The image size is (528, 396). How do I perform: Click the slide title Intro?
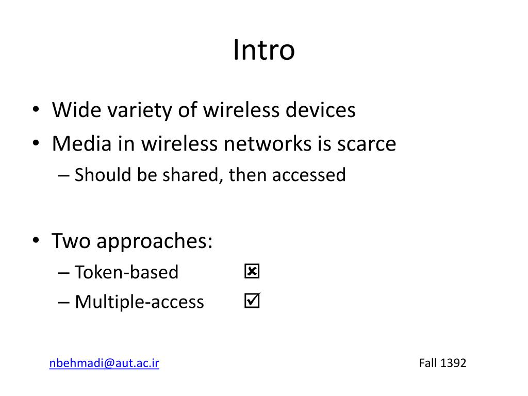click(x=263, y=51)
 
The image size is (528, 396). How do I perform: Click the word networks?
click(x=265, y=143)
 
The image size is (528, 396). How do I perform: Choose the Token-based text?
click(x=126, y=272)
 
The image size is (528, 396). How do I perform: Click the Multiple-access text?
click(x=139, y=302)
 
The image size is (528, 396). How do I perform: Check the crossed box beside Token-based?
click(x=252, y=271)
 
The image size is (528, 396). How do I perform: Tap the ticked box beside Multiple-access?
click(x=252, y=301)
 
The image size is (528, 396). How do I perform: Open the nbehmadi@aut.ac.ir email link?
click(x=104, y=363)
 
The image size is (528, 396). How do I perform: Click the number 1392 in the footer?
click(x=453, y=363)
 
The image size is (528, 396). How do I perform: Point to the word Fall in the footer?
click(x=428, y=363)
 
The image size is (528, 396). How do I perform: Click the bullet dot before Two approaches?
click(x=36, y=241)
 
